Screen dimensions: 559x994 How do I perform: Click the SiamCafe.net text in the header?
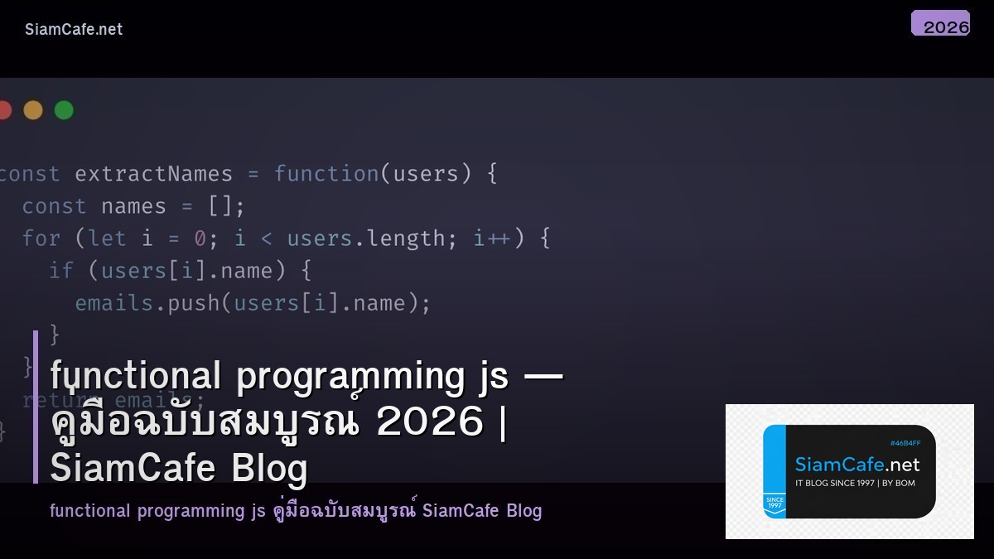(x=74, y=29)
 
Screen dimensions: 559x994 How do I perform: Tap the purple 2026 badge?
(x=940, y=24)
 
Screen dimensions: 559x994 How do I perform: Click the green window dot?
(x=64, y=110)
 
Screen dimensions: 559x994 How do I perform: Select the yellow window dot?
(x=33, y=110)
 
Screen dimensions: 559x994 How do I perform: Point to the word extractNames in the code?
(x=153, y=174)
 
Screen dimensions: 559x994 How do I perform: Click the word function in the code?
(x=326, y=174)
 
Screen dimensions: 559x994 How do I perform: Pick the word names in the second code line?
(x=134, y=206)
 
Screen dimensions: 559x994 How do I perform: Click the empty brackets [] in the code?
(x=220, y=206)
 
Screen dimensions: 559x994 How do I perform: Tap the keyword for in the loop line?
(x=41, y=239)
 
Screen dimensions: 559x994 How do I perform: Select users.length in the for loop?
(x=366, y=239)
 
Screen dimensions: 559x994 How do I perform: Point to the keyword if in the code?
(x=61, y=271)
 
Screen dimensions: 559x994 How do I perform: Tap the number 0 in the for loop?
(x=200, y=239)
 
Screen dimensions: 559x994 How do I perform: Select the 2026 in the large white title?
(x=429, y=422)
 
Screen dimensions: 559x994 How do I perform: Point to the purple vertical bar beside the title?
(x=36, y=406)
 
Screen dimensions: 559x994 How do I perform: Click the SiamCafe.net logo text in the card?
(x=856, y=465)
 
